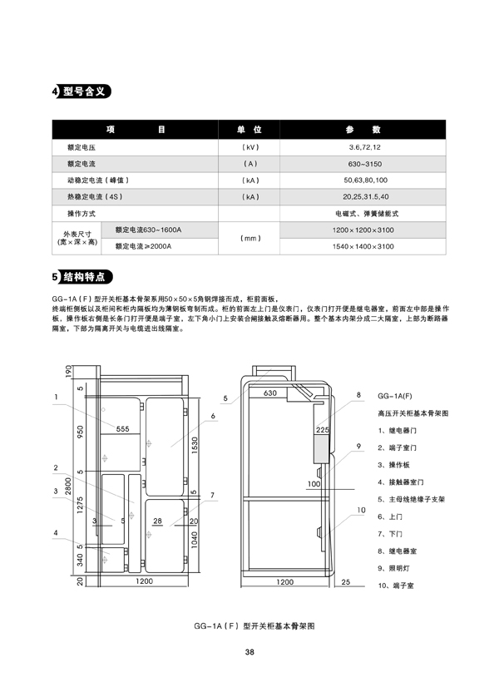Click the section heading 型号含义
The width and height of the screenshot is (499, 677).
84,91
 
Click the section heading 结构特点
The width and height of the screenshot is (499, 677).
84,277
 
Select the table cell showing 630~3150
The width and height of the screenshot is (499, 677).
365,164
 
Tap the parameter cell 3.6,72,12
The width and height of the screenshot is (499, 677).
365,147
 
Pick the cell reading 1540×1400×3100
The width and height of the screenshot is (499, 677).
363,246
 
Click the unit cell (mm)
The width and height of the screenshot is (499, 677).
250,239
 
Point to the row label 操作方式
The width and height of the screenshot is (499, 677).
82,214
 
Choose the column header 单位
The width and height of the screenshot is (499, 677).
249,130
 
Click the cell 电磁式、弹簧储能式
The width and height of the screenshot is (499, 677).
367,214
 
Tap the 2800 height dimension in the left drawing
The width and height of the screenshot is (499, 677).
69,487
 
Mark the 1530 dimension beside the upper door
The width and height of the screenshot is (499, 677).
195,445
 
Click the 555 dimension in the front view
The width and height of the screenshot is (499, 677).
122,428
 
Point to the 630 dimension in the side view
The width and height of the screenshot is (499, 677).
269,393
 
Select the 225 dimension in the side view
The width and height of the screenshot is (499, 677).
323,430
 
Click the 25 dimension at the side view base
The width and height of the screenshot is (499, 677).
346,582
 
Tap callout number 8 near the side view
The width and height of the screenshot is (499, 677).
358,394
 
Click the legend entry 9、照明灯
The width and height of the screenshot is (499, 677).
393,568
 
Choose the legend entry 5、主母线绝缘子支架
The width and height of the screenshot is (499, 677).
412,499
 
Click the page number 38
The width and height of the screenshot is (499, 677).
249,652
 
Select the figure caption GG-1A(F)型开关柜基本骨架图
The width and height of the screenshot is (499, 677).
254,626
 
